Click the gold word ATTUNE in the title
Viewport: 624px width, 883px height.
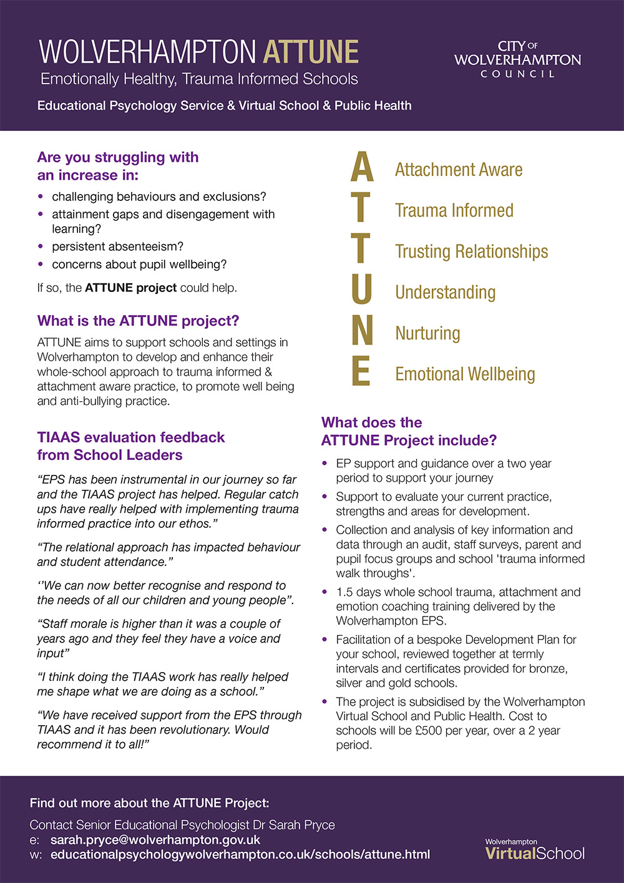pyautogui.click(x=311, y=52)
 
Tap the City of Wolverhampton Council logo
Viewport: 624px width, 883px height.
pyautogui.click(x=517, y=60)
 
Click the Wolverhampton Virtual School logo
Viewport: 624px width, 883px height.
pyautogui.click(x=535, y=850)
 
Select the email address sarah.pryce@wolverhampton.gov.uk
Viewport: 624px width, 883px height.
pyautogui.click(x=155, y=840)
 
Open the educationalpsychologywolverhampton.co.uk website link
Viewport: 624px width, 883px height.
pyautogui.click(x=240, y=854)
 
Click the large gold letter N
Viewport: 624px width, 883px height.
pyautogui.click(x=362, y=330)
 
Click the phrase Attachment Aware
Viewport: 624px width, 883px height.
pyautogui.click(x=459, y=170)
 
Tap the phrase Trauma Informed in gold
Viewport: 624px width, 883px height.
pyautogui.click(x=454, y=211)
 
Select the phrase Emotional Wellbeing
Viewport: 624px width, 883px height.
pyautogui.click(x=465, y=374)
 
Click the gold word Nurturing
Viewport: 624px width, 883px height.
pyautogui.click(x=427, y=333)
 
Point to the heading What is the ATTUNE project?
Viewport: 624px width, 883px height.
pyautogui.click(x=138, y=321)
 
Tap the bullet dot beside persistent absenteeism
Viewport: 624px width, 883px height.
pyautogui.click(x=41, y=246)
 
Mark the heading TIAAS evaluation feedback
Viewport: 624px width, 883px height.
pyautogui.click(x=130, y=437)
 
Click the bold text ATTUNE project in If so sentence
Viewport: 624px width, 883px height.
pyautogui.click(x=130, y=288)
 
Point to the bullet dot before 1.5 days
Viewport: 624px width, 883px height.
pyautogui.click(x=324, y=592)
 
